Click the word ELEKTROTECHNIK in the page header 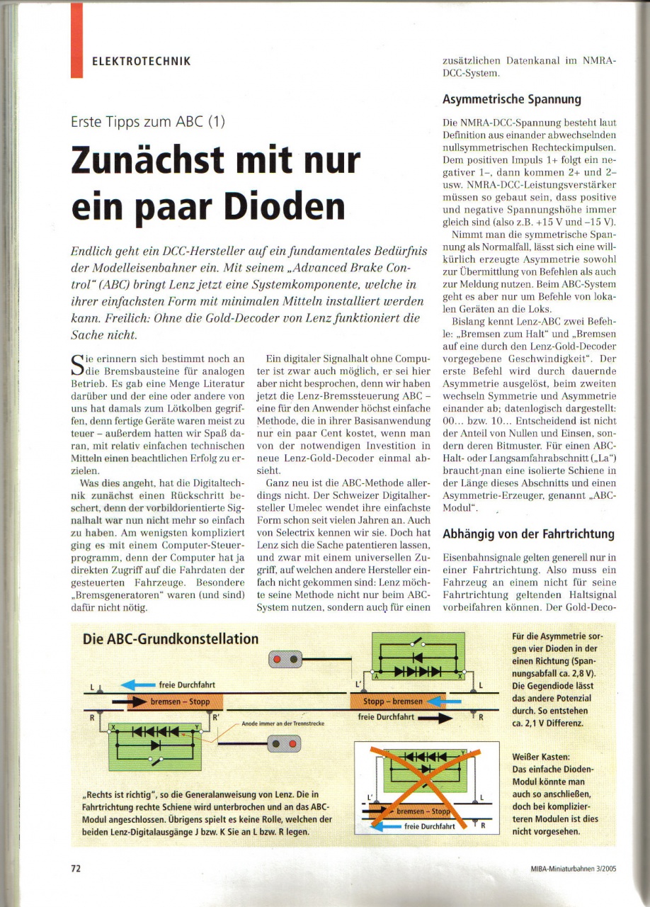(141, 61)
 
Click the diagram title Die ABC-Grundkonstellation (171, 638)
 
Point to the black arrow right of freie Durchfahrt (434, 717)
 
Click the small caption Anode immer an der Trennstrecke (283, 723)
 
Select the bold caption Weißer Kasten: (540, 757)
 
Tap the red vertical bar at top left (76, 39)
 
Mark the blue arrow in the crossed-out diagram (382, 825)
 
